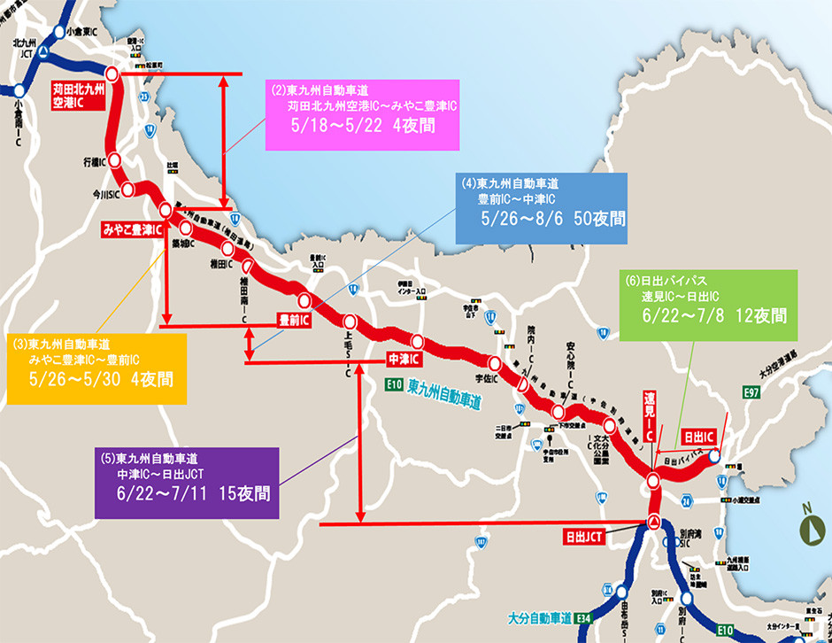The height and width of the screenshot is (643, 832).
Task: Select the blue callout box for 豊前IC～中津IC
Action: [x=541, y=208]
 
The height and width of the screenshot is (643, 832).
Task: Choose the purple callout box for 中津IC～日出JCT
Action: [x=187, y=483]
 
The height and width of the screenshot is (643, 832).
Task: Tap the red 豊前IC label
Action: [x=293, y=319]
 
